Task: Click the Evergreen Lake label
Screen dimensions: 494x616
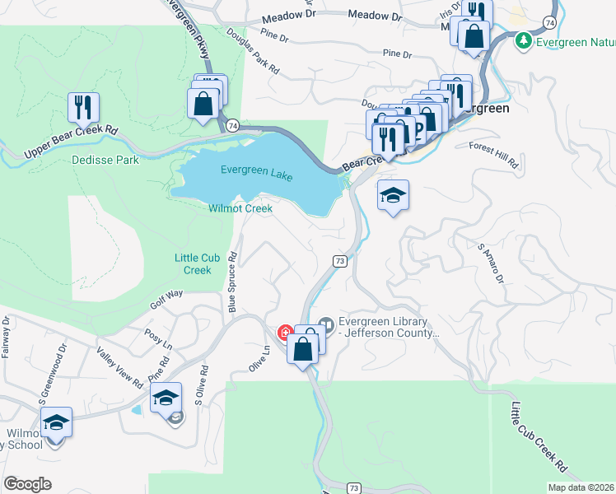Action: point(257,170)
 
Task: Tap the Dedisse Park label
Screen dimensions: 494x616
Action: point(105,160)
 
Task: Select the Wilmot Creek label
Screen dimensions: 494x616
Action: point(240,208)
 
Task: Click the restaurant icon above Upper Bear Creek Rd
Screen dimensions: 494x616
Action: point(83,107)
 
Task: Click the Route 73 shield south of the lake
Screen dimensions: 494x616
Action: point(339,260)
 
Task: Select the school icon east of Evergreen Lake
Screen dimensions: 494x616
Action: point(393,196)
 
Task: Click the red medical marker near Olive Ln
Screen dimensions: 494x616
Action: point(286,333)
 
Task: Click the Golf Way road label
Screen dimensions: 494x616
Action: point(166,299)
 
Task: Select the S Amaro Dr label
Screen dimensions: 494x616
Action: point(491,262)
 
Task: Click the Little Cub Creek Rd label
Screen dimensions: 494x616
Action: point(538,436)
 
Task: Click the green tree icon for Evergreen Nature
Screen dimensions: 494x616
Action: point(521,40)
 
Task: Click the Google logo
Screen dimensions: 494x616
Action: point(27,483)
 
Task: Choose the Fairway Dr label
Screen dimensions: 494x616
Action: point(5,337)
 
